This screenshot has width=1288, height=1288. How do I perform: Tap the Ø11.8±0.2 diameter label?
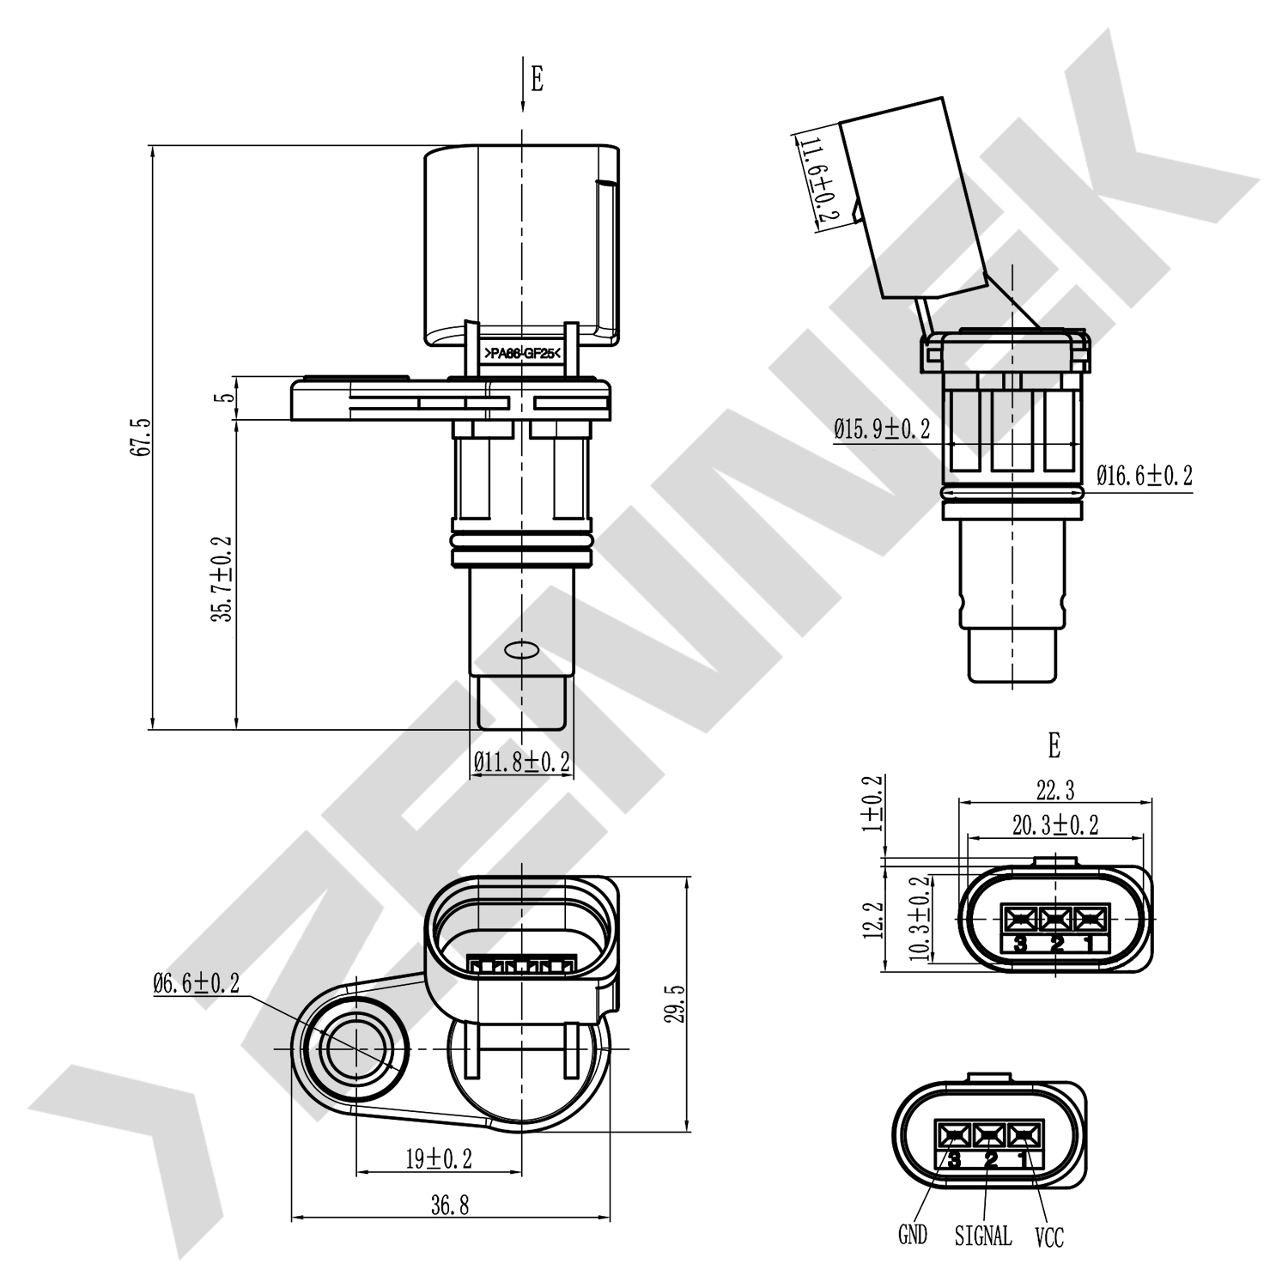(x=522, y=761)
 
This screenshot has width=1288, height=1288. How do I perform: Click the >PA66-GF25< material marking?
(x=522, y=354)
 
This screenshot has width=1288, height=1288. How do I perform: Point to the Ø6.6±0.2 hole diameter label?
(x=196, y=984)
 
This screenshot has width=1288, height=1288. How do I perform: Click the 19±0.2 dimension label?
(x=439, y=1159)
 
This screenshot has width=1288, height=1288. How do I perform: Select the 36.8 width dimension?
(x=450, y=1206)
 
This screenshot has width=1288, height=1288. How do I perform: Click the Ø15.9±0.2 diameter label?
(x=882, y=429)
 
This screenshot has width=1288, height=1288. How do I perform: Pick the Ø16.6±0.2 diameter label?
(x=1145, y=475)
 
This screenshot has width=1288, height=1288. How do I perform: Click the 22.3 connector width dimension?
(x=1055, y=788)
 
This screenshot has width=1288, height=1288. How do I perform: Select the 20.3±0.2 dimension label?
(x=1055, y=825)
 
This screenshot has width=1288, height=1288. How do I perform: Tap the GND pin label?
(x=913, y=1235)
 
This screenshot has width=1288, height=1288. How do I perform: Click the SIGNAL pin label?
(x=983, y=1236)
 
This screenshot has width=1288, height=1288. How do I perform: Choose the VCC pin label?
(x=1049, y=1236)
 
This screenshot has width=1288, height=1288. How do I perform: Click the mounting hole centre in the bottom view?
(x=355, y=1049)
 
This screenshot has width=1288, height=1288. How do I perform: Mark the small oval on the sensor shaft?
(x=520, y=650)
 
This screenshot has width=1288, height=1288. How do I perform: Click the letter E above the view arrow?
(x=537, y=79)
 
